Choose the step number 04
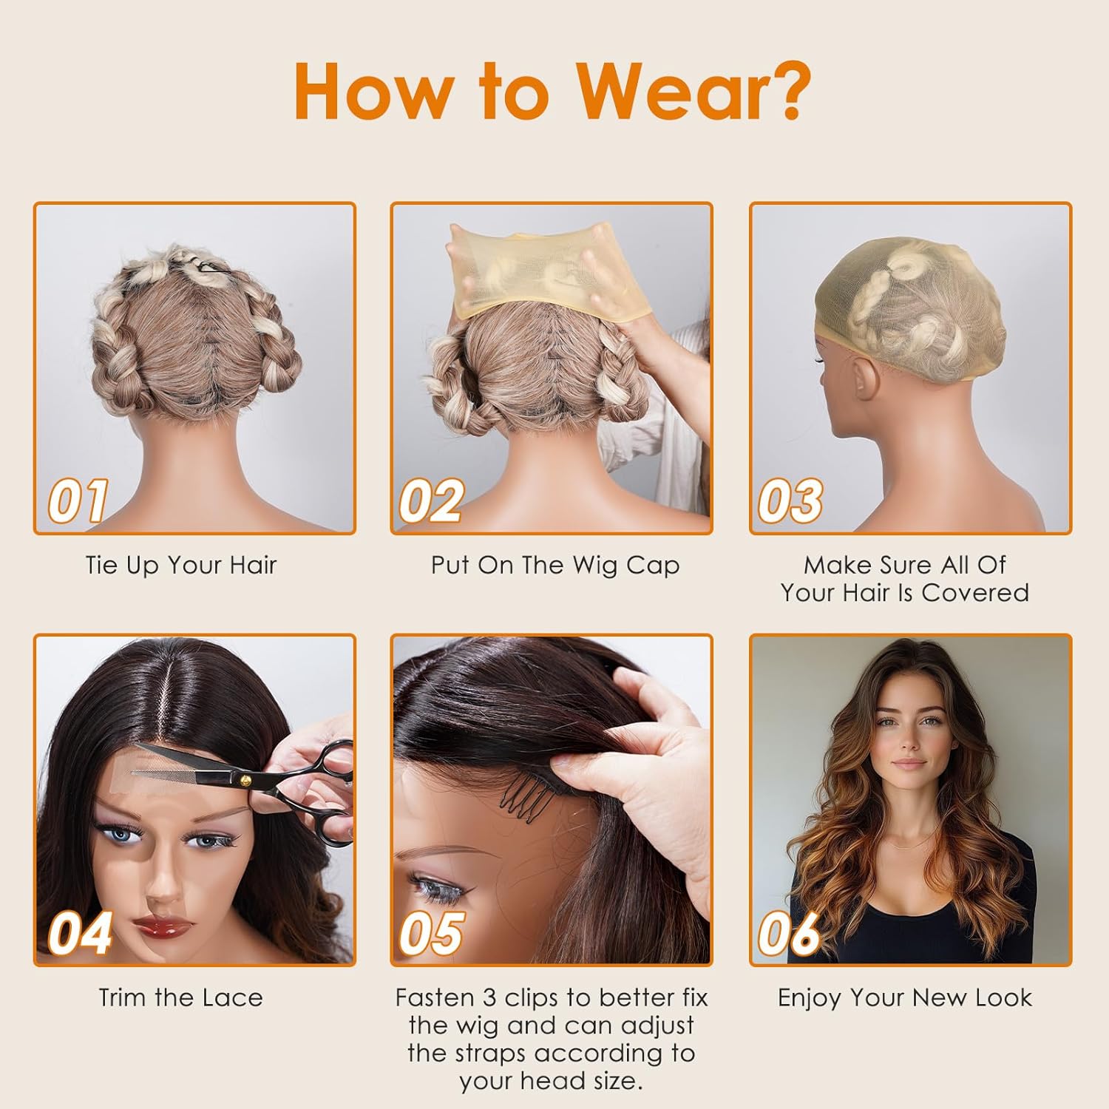click(80, 933)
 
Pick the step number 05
click(432, 933)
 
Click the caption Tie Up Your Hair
click(181, 566)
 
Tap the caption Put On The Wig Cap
click(555, 566)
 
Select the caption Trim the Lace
click(181, 997)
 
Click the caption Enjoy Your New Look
click(905, 997)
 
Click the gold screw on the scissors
click(245, 779)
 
